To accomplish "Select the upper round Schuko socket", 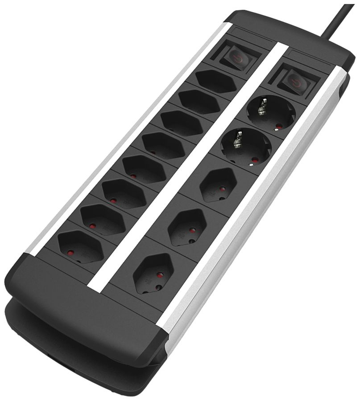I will point(271,114).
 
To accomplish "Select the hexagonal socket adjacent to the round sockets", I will point(218,184).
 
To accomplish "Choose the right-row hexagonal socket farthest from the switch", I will point(153,272).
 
